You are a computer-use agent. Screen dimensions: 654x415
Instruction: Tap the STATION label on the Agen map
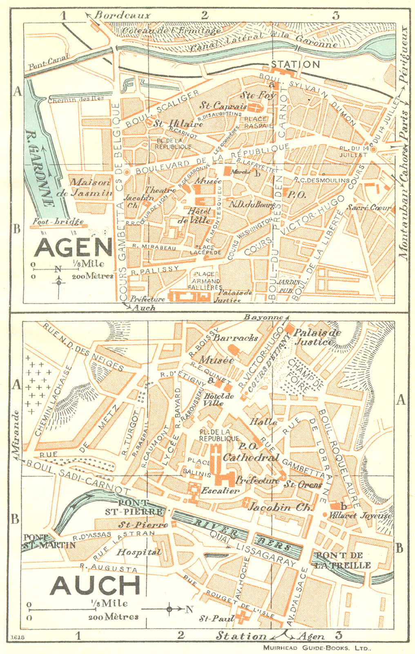[295, 64]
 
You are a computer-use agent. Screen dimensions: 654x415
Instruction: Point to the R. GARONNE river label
[40, 168]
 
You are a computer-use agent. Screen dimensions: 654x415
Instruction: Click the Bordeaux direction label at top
[122, 16]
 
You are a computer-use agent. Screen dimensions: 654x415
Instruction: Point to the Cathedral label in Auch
[251, 457]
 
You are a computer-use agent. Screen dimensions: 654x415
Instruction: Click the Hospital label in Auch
[139, 552]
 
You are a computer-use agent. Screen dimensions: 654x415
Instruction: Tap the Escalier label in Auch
[220, 490]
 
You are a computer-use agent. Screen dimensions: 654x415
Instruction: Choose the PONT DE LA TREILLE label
[342, 560]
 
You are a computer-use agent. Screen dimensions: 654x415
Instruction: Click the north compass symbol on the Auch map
[169, 609]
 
